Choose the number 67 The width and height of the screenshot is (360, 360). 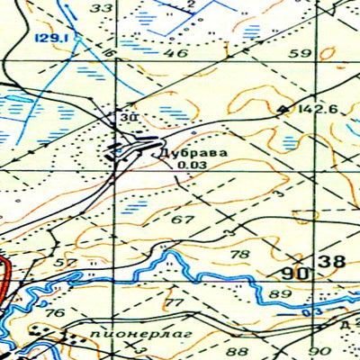click(183, 220)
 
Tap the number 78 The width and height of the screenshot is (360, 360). click(240, 255)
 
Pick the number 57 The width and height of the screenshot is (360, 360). click(65, 263)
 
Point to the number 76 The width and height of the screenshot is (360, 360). click(55, 313)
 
